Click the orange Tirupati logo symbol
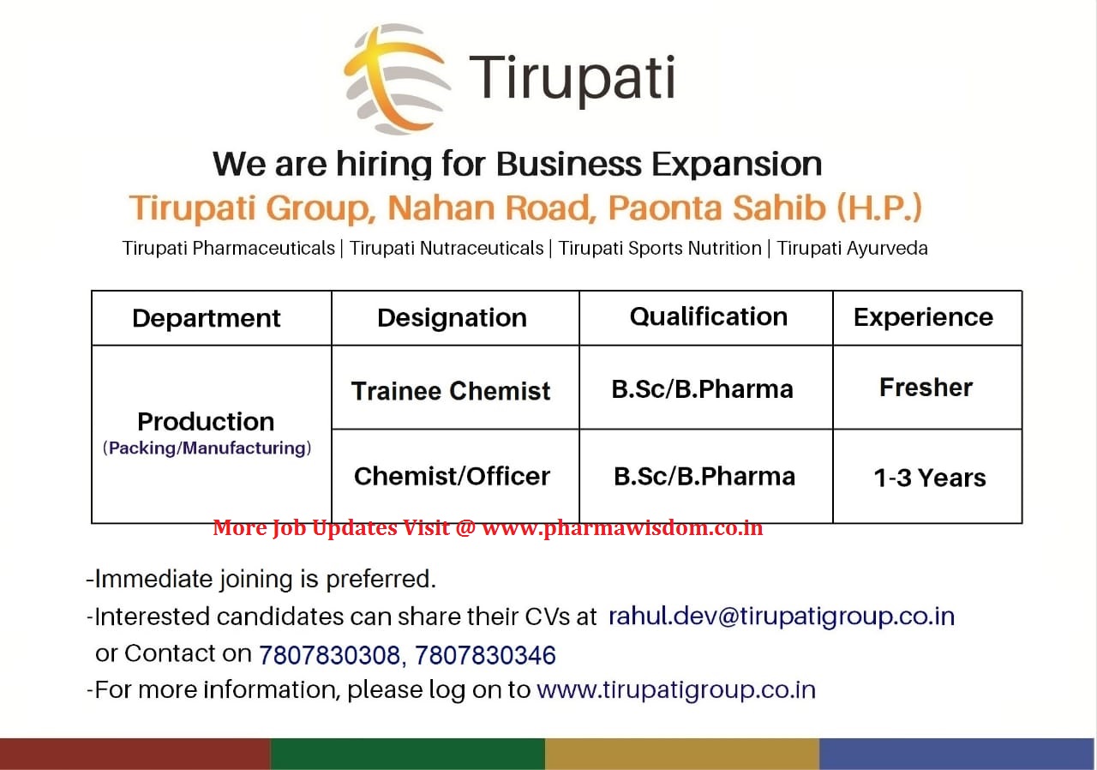pyautogui.click(x=396, y=79)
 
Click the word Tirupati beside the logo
pyautogui.click(x=572, y=78)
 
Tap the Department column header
pyautogui.click(x=207, y=318)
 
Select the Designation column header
pyautogui.click(x=452, y=318)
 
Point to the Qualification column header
pyautogui.click(x=708, y=317)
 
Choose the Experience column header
pyautogui.click(x=923, y=317)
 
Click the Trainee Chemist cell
pyautogui.click(x=451, y=391)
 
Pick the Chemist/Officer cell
pyautogui.click(x=452, y=477)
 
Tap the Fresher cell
pyautogui.click(x=926, y=388)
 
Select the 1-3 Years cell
pyautogui.click(x=929, y=478)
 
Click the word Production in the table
pyautogui.click(x=206, y=422)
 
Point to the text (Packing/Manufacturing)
pyautogui.click(x=207, y=448)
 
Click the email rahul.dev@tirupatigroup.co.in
pyautogui.click(x=781, y=617)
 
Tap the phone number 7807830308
pyautogui.click(x=329, y=655)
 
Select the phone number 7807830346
pyautogui.click(x=485, y=655)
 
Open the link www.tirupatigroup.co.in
pyautogui.click(x=675, y=690)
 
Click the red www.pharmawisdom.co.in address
pyautogui.click(x=622, y=528)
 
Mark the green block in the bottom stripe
pyautogui.click(x=407, y=754)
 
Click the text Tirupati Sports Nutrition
pyautogui.click(x=660, y=249)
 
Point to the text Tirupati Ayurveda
pyautogui.click(x=852, y=249)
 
